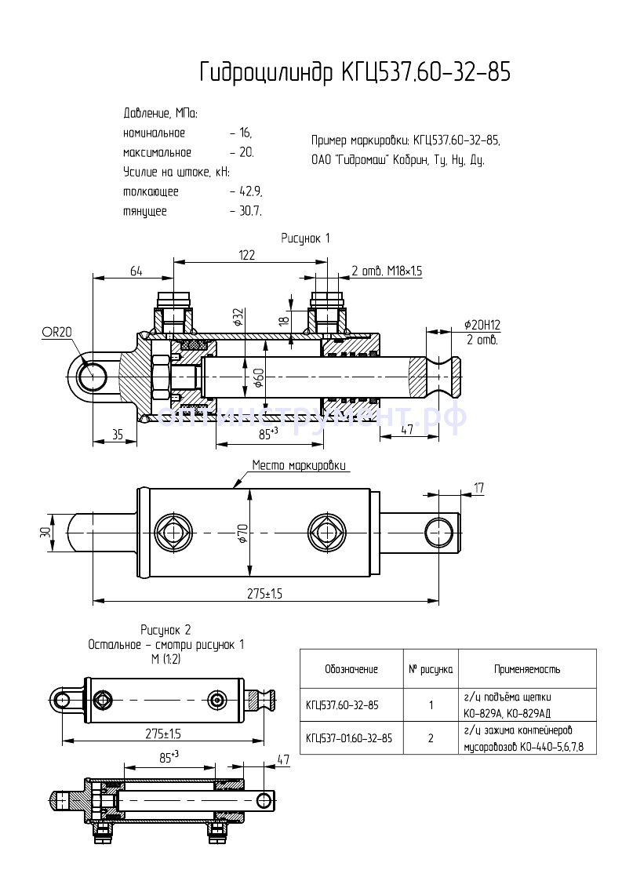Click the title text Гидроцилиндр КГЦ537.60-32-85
tap(355, 72)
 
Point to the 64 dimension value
tap(136, 271)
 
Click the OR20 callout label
tap(56, 333)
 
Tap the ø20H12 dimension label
tap(482, 324)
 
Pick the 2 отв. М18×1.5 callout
tap(387, 271)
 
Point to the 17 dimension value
tap(478, 488)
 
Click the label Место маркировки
tap(299, 465)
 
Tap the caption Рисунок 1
tap(306, 237)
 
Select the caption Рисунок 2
tap(166, 629)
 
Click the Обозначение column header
tap(351, 669)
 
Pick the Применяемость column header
tap(526, 669)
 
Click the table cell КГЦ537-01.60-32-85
tap(349, 738)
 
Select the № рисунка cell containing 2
tap(431, 738)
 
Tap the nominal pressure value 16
tap(244, 133)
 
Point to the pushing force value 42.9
tap(249, 191)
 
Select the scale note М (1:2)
tap(166, 659)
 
